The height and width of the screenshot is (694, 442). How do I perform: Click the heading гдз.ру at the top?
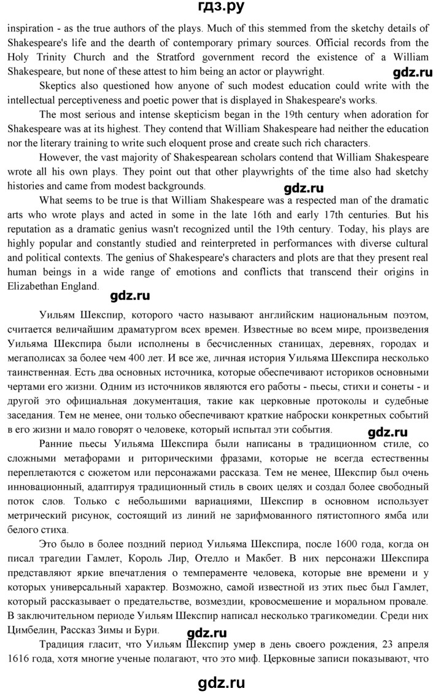pyautogui.click(x=220, y=8)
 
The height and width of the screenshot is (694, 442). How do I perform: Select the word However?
pyautogui.click(x=61, y=157)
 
